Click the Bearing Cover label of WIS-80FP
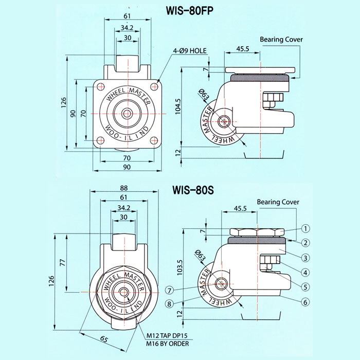pyautogui.click(x=281, y=39)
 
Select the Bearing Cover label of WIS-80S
pyautogui.click(x=278, y=202)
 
